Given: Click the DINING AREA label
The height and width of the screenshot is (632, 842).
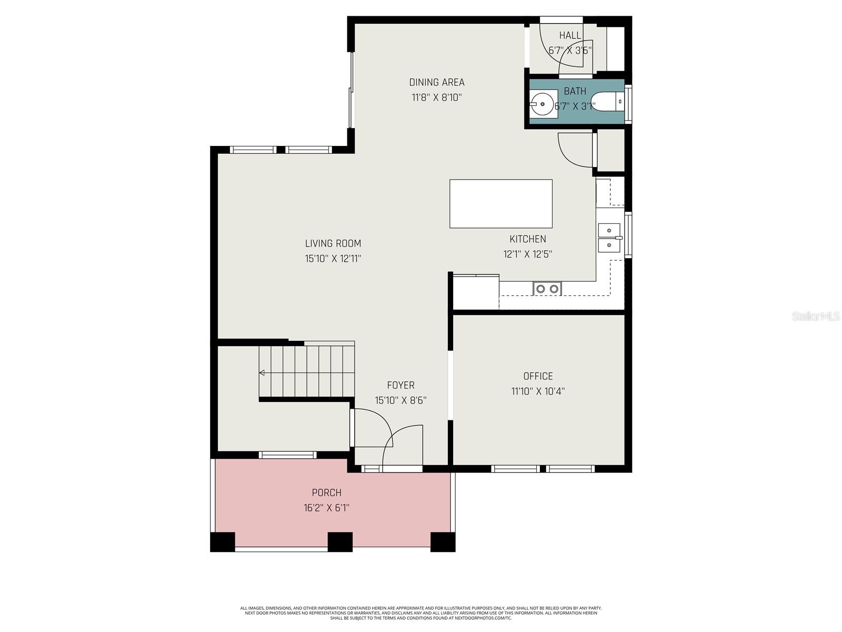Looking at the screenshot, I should click(437, 82).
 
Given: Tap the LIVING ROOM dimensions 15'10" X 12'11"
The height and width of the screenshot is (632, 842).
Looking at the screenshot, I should click(333, 259).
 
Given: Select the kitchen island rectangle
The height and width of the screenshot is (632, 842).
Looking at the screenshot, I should click(500, 203).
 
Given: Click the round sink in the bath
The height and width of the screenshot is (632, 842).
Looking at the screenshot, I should click(543, 104).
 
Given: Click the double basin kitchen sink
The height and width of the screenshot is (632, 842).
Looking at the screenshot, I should click(609, 238).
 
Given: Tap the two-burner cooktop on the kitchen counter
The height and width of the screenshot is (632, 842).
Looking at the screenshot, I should click(547, 289).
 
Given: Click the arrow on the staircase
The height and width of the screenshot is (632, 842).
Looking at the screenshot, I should click(262, 373).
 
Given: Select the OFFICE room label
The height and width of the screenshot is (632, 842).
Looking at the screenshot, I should click(538, 376).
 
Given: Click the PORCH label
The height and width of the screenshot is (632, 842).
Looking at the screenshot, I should click(326, 492).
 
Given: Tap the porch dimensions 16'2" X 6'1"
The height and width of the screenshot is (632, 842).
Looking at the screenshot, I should click(326, 508).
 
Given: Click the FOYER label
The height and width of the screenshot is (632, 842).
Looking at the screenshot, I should click(400, 385).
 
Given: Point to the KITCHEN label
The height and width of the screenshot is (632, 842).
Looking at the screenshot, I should click(527, 239).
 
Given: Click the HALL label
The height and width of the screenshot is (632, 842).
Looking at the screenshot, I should click(570, 35).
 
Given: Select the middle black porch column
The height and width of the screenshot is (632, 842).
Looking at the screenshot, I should click(340, 541).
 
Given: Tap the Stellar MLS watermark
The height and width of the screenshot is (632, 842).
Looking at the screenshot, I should click(815, 316).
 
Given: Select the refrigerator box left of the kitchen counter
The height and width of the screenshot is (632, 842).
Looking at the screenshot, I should click(476, 292).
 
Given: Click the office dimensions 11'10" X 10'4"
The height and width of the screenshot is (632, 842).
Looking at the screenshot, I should click(538, 391).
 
